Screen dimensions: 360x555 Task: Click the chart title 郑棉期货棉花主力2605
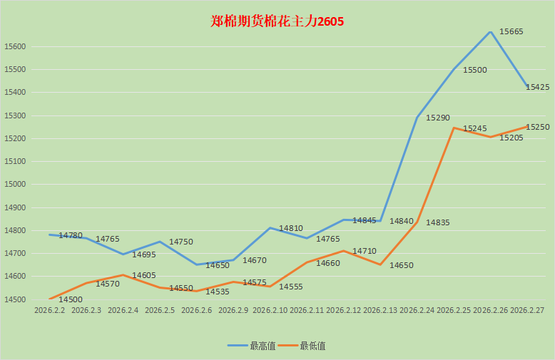click(x=277, y=21)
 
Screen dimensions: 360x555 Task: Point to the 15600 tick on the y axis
click(x=15, y=47)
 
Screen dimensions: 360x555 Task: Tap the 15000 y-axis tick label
click(x=15, y=184)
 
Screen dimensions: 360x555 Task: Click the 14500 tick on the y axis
click(x=15, y=299)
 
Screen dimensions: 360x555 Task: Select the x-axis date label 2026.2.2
click(x=50, y=311)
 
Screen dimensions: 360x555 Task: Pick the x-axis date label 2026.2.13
click(x=381, y=311)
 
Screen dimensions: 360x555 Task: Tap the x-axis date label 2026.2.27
click(x=528, y=311)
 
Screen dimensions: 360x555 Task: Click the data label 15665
click(x=511, y=31)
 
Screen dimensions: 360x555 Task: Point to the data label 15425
click(x=537, y=87)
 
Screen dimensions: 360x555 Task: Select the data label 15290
click(x=437, y=118)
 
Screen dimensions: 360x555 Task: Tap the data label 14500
click(x=71, y=300)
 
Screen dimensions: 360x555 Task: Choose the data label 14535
click(x=218, y=292)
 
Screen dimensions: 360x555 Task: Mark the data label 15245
click(x=474, y=129)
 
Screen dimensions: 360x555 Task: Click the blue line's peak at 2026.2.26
click(x=491, y=32)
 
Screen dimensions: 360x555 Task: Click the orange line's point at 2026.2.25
click(x=454, y=128)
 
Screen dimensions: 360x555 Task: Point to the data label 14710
click(x=364, y=252)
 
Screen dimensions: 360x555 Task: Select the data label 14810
click(x=290, y=228)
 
